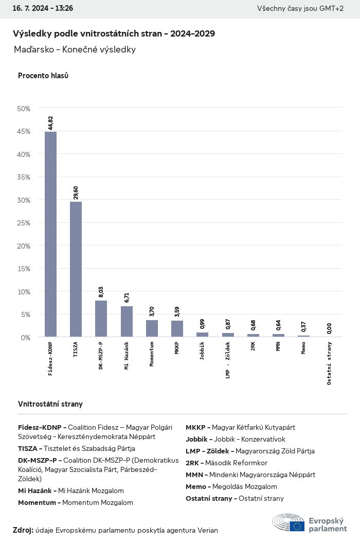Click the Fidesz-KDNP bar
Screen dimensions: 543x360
(x=50, y=234)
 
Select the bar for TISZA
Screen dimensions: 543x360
(x=76, y=269)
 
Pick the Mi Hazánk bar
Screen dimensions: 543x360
(x=127, y=322)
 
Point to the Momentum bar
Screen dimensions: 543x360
(x=152, y=328)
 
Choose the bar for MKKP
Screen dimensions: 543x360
(x=177, y=329)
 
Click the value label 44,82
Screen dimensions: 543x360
(x=50, y=122)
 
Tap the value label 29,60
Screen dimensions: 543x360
(x=76, y=192)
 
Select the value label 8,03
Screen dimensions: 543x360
(x=101, y=291)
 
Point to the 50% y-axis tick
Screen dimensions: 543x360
(x=24, y=109)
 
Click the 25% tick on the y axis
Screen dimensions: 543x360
(x=24, y=223)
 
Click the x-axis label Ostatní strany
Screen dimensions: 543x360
(x=329, y=363)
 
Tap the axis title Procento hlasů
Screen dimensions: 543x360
(x=43, y=76)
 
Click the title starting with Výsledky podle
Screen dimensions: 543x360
(x=114, y=33)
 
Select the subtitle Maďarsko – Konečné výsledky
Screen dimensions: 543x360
(x=75, y=49)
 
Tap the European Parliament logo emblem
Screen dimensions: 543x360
(x=289, y=522)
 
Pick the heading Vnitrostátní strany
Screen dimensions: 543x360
(x=50, y=404)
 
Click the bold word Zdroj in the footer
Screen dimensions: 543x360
(x=23, y=530)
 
